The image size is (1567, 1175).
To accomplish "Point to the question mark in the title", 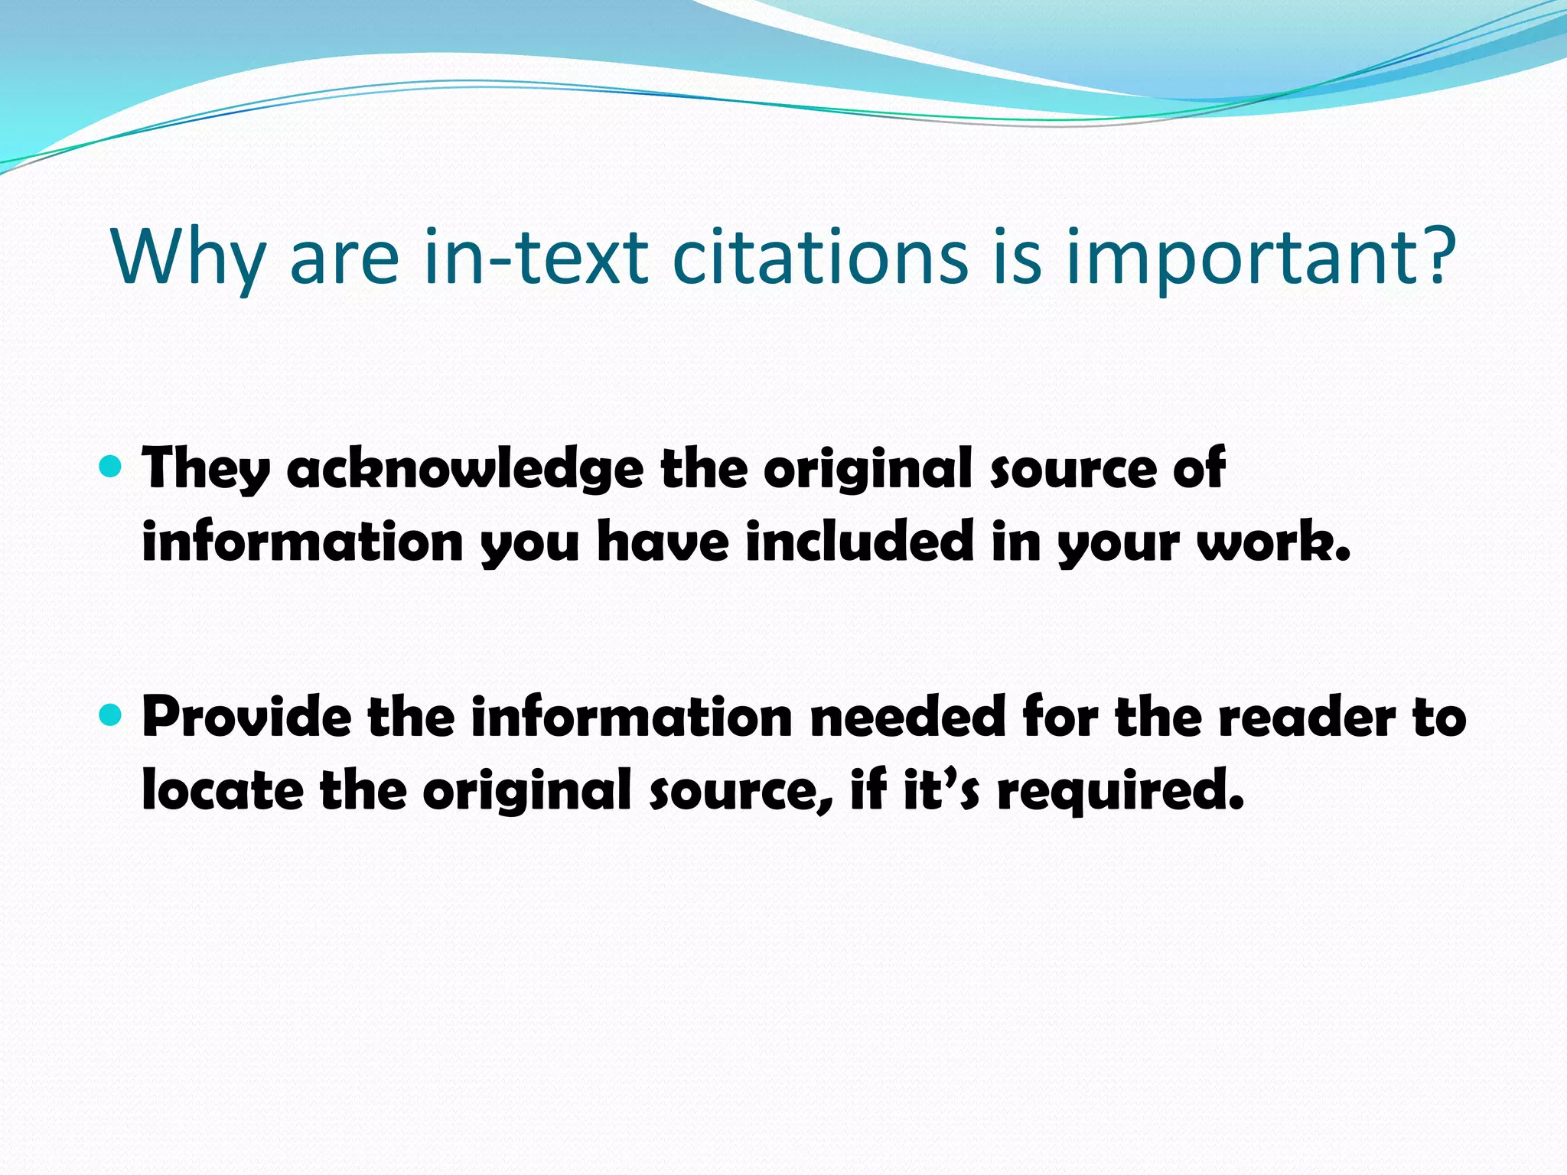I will [1431, 255].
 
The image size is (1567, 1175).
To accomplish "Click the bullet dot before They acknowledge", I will [111, 466].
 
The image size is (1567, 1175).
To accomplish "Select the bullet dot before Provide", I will [111, 715].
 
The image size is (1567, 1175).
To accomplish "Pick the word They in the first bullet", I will [205, 468].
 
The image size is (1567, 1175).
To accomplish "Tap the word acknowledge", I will [465, 468].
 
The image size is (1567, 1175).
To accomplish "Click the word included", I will [859, 542].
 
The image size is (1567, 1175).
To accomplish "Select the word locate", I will [223, 790].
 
